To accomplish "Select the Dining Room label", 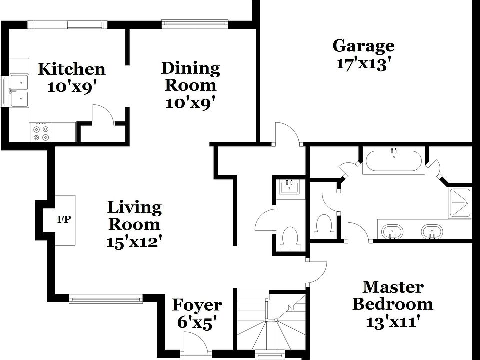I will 190,76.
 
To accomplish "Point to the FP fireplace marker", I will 63,219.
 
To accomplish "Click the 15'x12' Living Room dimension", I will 134,242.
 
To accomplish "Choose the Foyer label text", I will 197,305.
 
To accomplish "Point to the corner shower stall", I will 460,203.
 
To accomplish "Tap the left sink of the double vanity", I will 392,232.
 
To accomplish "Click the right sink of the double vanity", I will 431,232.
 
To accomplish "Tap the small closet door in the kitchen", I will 104,115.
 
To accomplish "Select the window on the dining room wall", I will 195,23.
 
